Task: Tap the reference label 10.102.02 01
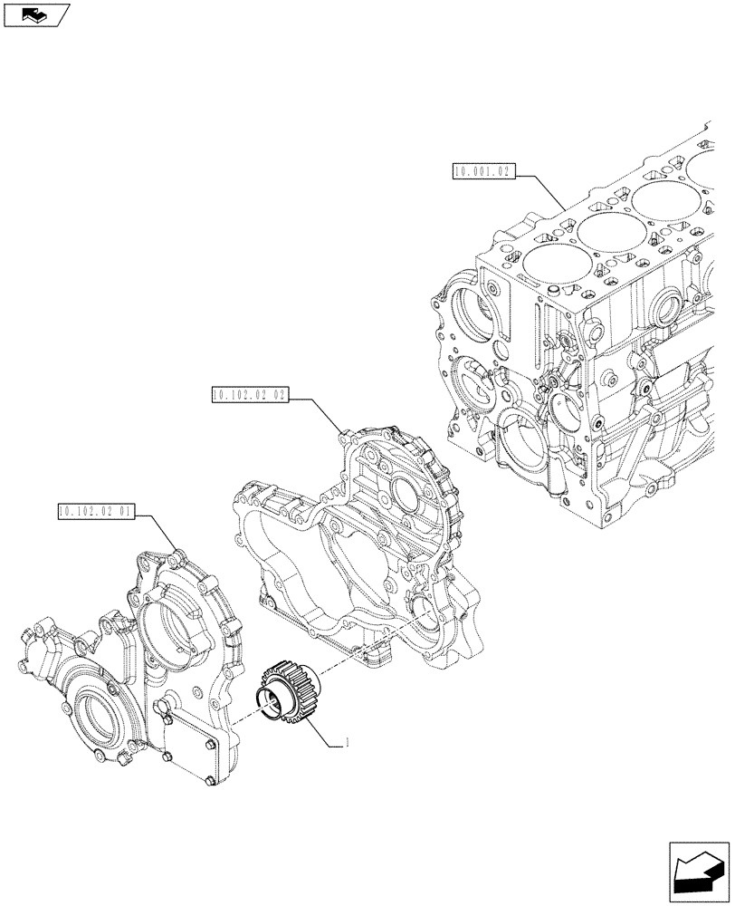(95, 512)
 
